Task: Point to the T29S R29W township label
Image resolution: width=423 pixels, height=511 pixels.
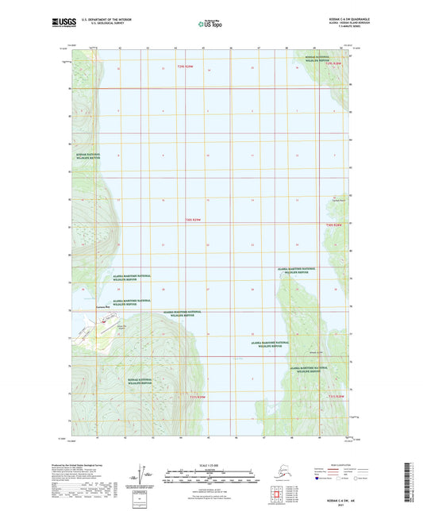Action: [184, 67]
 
